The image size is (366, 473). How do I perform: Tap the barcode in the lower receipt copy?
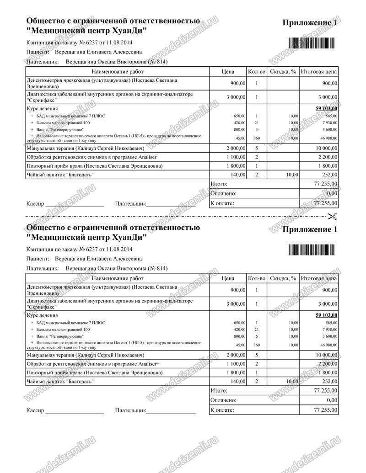311,249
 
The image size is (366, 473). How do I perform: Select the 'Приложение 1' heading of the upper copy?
310,23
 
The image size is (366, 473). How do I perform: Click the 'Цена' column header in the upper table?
227,72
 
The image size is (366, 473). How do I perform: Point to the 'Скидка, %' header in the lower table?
283,278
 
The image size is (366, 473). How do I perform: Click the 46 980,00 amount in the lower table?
328,345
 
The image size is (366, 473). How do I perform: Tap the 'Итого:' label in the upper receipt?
220,184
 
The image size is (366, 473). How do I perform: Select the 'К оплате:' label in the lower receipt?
222,410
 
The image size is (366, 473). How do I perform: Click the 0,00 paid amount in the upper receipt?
331,194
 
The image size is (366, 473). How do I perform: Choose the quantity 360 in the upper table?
257,138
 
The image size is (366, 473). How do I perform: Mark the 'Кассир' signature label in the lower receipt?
35,410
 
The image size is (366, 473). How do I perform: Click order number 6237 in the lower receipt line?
87,249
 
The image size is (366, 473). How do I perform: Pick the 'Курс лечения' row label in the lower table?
42,315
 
